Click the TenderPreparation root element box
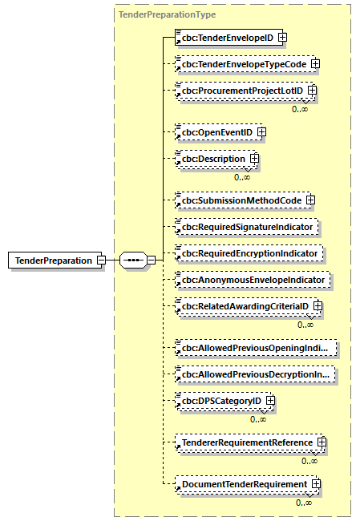53,260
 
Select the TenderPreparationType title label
167,14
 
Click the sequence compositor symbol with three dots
133,260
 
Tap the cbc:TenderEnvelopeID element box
225,37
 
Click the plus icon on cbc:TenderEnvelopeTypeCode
315,63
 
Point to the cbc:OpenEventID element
216,131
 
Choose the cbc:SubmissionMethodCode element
240,200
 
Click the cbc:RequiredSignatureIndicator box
248,227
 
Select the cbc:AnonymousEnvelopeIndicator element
253,280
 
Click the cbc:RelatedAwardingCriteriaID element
245,306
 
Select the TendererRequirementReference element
246,442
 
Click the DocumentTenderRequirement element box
244,484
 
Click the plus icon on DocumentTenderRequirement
317,484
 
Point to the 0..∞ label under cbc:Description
242,177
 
